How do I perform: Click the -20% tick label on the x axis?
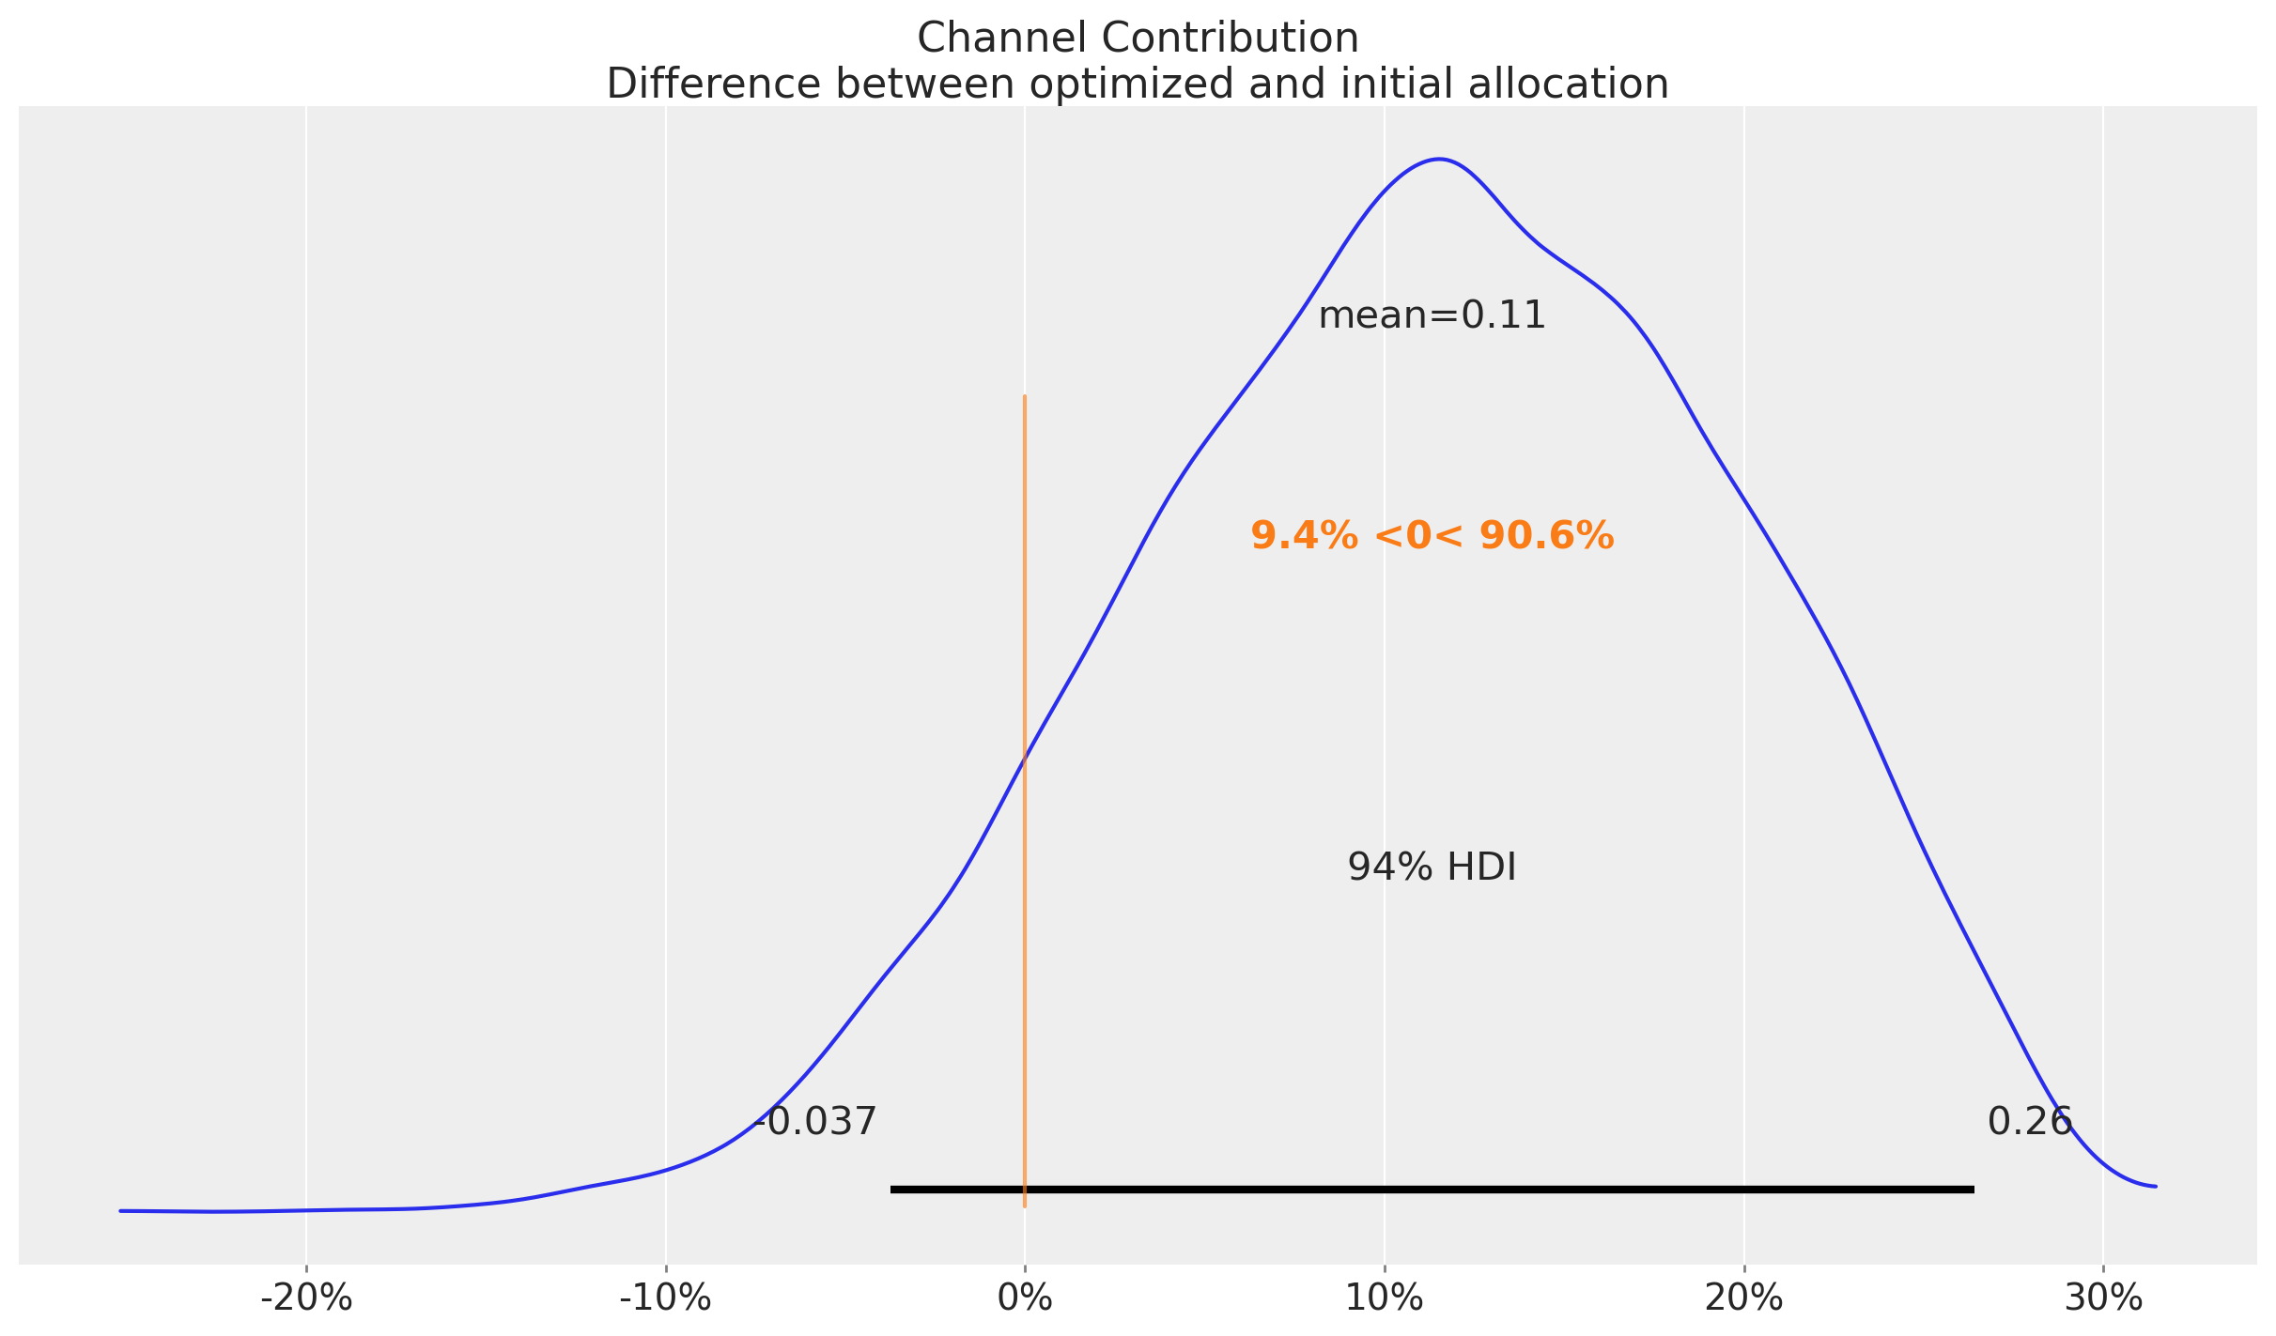pyautogui.click(x=306, y=1298)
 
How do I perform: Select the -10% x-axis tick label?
pyautogui.click(x=665, y=1298)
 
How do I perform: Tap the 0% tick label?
pyautogui.click(x=1025, y=1298)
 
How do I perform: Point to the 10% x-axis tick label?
pyautogui.click(x=1384, y=1298)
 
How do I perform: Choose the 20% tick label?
pyautogui.click(x=1743, y=1298)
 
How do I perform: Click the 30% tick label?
pyautogui.click(x=2103, y=1298)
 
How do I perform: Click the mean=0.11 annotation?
pyautogui.click(x=1432, y=316)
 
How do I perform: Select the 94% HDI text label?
pyautogui.click(x=1432, y=868)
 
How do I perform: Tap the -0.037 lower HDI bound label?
pyautogui.click(x=815, y=1122)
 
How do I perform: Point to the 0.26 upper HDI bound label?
pyautogui.click(x=2030, y=1122)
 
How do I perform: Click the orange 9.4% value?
pyautogui.click(x=1304, y=537)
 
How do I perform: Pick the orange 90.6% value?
pyautogui.click(x=1546, y=537)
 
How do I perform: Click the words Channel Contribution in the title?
pyautogui.click(x=1138, y=38)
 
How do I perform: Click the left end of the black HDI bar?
pyautogui.click(x=892, y=1190)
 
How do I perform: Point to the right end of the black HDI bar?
pyautogui.click(x=1973, y=1190)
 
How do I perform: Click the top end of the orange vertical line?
pyautogui.click(x=1025, y=397)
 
